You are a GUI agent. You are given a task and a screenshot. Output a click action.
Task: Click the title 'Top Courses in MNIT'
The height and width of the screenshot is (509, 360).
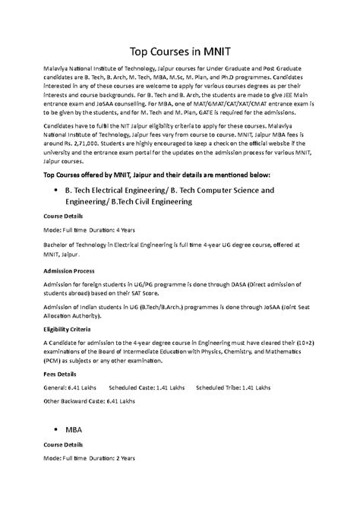pyautogui.click(x=180, y=52)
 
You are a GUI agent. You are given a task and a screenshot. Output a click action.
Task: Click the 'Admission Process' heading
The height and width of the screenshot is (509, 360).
pyautogui.click(x=68, y=270)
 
